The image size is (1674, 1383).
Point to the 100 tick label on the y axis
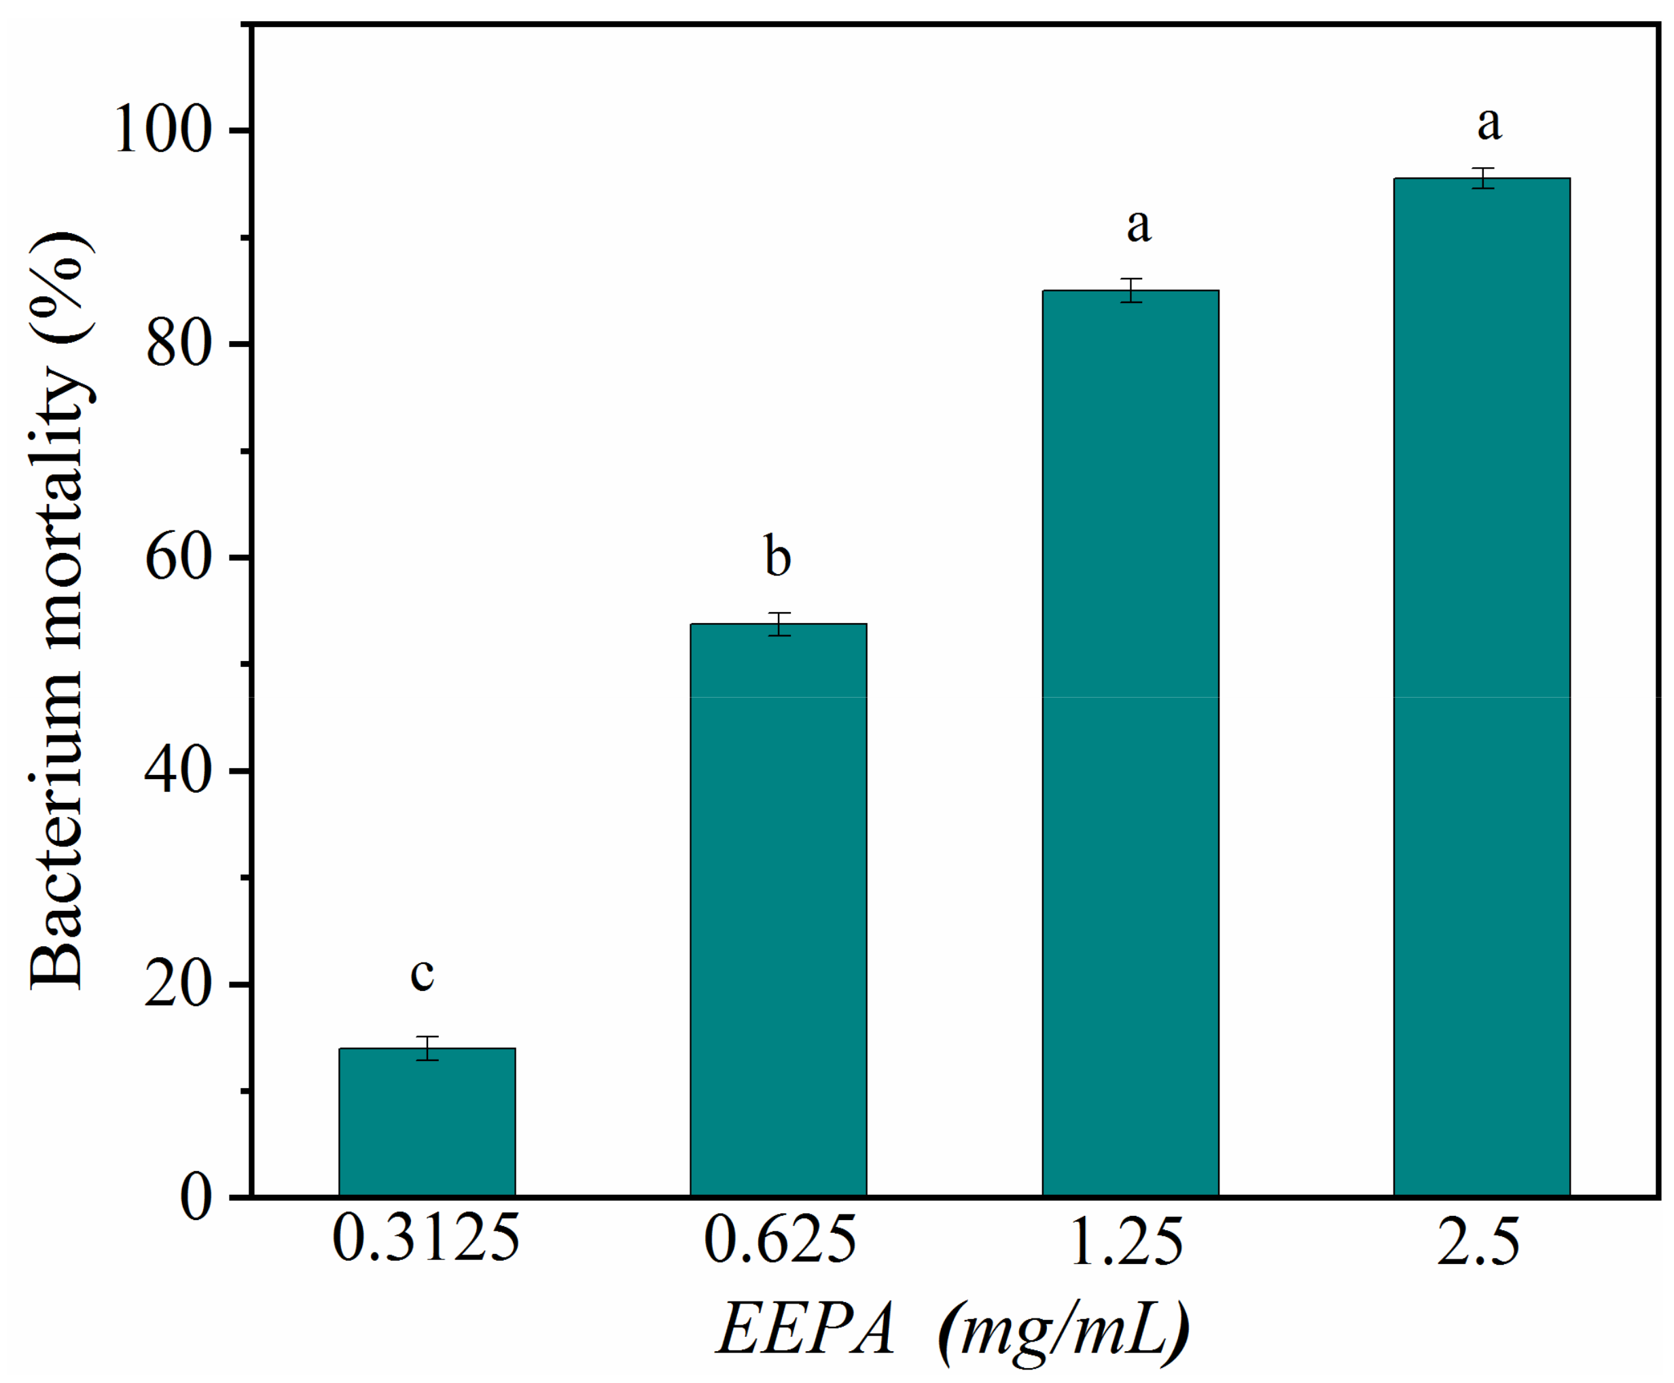click(163, 130)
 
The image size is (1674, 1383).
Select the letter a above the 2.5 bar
click(1489, 124)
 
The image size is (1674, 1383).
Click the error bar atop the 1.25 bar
click(1130, 290)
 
